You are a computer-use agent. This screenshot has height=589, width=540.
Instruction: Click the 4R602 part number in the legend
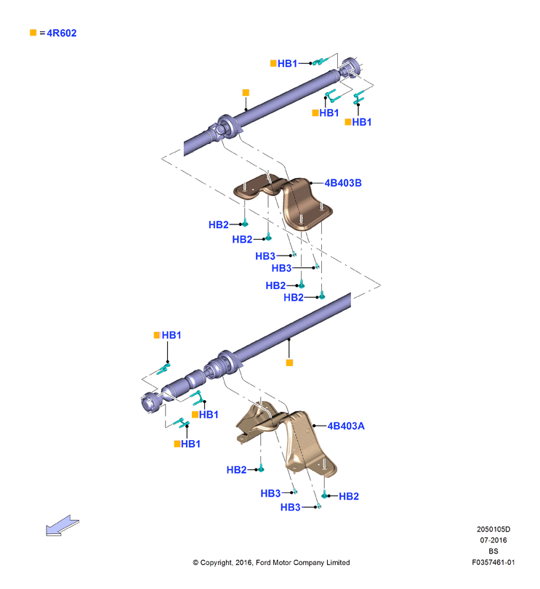click(62, 33)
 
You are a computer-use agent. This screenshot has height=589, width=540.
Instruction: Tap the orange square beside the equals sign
click(33, 33)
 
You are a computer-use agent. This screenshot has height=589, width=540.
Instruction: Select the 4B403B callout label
click(343, 183)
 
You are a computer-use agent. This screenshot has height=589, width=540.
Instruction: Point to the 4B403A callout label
click(346, 426)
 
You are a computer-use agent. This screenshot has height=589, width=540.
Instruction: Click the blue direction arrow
click(62, 525)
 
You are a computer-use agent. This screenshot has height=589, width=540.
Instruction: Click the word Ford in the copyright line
click(263, 562)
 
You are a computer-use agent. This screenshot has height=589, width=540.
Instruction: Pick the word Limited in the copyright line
click(338, 562)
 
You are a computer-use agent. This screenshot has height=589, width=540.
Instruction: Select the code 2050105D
click(493, 529)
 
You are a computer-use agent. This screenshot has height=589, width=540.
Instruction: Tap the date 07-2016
click(493, 540)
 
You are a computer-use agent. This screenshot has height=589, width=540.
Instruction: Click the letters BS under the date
click(493, 551)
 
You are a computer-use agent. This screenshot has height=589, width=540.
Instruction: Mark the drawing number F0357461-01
click(493, 562)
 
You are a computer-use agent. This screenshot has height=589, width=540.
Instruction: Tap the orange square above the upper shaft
click(246, 92)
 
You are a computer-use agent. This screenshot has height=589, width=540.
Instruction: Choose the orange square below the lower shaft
click(289, 362)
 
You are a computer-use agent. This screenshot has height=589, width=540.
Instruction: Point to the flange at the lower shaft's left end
click(151, 402)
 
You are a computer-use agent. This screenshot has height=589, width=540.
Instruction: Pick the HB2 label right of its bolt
click(349, 496)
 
